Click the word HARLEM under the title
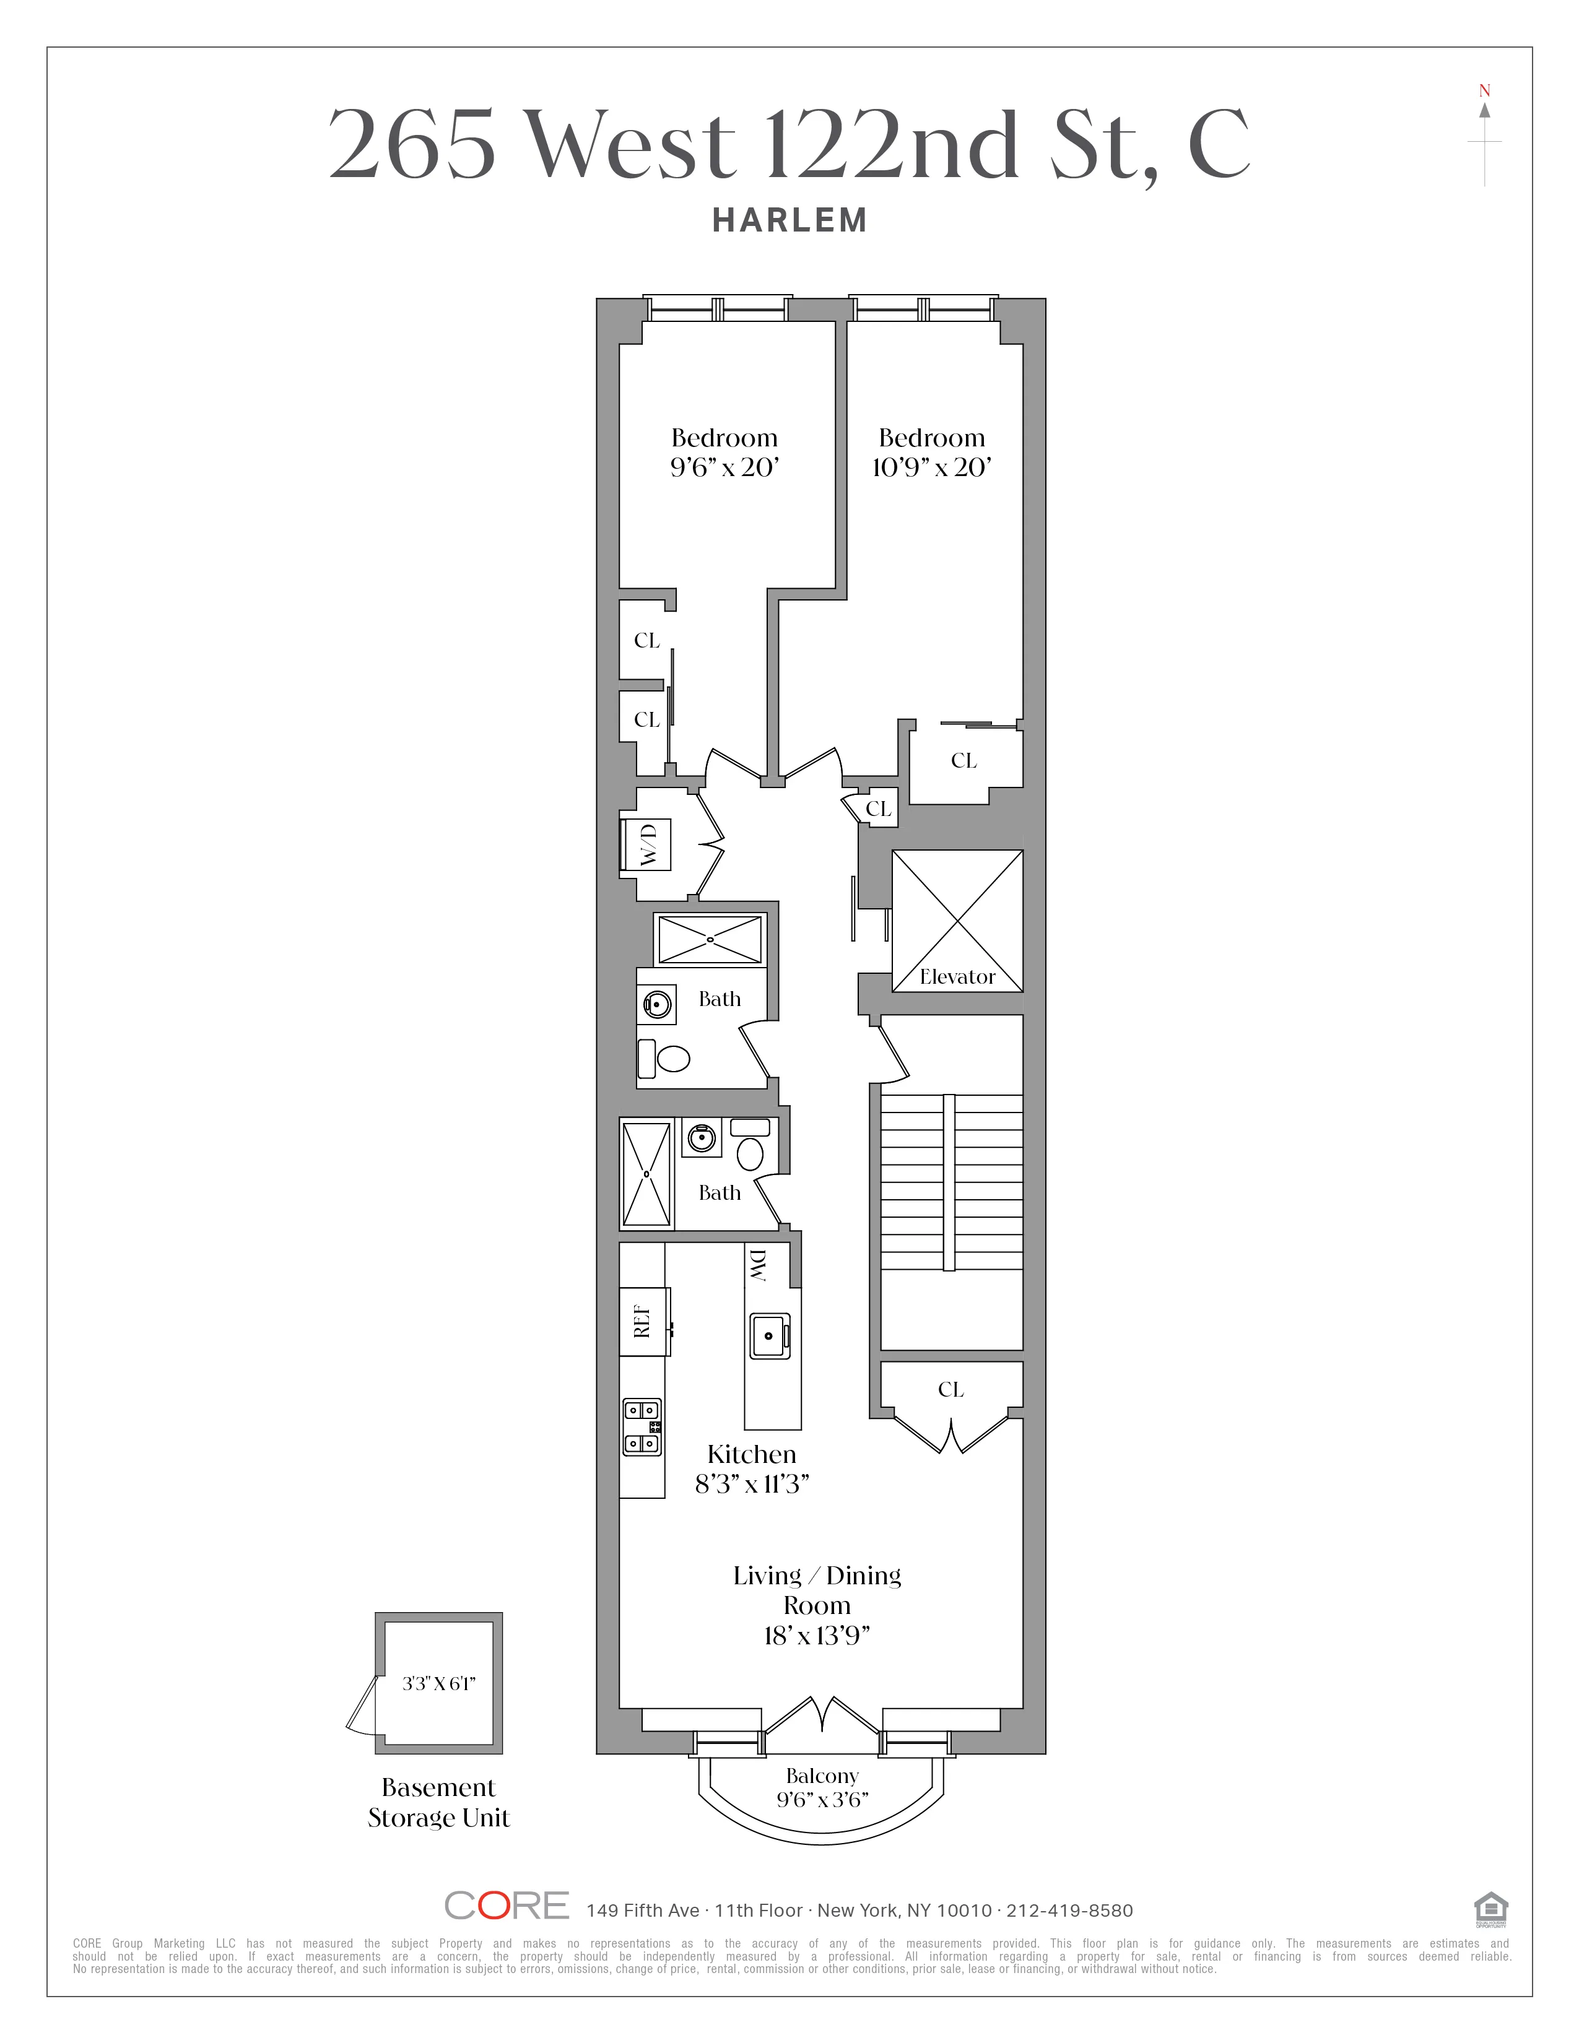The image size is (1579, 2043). (789, 221)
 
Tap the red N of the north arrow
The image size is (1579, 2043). (1484, 91)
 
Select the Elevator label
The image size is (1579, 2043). (957, 976)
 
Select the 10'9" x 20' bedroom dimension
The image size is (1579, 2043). (932, 467)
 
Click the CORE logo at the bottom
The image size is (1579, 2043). (506, 1906)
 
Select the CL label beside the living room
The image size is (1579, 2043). (950, 1389)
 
